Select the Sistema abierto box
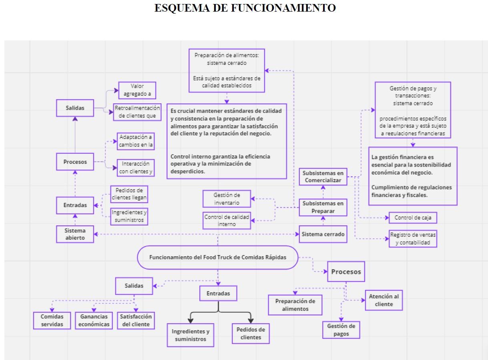(75, 234)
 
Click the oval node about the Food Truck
(218, 257)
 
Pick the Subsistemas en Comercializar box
(323, 177)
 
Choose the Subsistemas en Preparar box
(323, 207)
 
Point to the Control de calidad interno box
(227, 221)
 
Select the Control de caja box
(412, 218)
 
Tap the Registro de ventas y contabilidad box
(412, 239)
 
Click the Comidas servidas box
(52, 320)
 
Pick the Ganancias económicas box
(94, 320)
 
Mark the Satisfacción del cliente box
(135, 320)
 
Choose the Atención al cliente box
(384, 300)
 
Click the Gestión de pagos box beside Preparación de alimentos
(341, 330)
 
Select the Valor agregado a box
(137, 90)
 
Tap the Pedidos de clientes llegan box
(129, 194)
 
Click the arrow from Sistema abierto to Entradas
(75, 218)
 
